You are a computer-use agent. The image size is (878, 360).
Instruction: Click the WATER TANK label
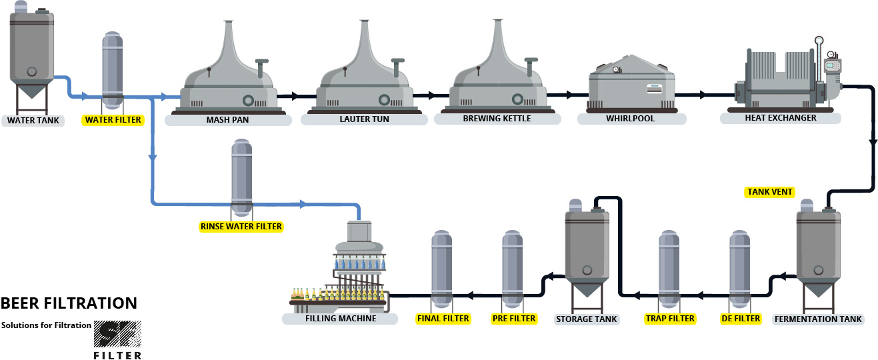pos(33,121)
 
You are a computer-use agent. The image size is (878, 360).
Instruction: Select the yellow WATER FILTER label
pos(113,120)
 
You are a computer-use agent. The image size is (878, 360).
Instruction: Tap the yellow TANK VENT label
pos(769,192)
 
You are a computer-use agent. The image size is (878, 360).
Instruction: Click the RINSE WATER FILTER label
pos(241,227)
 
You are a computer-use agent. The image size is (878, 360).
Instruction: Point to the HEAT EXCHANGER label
pos(781,118)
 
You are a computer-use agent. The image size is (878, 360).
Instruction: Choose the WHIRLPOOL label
pos(630,119)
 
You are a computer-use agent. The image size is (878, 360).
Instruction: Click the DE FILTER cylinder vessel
pos(740,270)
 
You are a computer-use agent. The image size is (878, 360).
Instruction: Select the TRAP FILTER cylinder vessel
pos(669,270)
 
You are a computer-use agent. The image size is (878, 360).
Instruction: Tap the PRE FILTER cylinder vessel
pos(513,270)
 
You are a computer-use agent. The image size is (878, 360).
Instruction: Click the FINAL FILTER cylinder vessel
pos(442,270)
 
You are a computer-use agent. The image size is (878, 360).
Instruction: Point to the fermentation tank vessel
pos(818,250)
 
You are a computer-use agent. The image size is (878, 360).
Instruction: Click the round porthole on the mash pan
pos(249,100)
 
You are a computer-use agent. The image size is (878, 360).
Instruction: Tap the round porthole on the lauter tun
pos(385,100)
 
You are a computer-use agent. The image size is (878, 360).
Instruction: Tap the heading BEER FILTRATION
pos(69,303)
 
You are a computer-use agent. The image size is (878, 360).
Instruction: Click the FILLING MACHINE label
pos(340,319)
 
